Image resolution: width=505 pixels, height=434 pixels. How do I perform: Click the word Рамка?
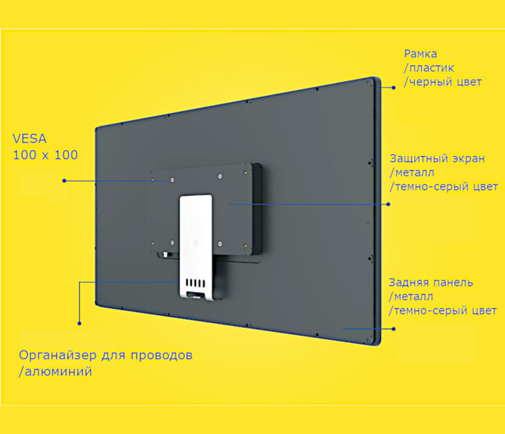tap(420, 54)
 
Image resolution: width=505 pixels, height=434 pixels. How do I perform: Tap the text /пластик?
tap(429, 68)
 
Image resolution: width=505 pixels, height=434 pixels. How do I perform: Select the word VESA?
tap(30, 139)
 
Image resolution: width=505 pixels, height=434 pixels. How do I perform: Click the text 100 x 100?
tap(45, 155)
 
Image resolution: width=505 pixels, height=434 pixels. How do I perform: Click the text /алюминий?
tap(55, 372)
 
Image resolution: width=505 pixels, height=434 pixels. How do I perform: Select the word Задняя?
tap(407, 283)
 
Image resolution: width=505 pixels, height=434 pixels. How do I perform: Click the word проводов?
tap(162, 356)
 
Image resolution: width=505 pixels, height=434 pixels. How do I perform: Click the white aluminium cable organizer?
tap(196, 246)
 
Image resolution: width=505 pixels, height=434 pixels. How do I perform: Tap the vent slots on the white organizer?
tap(195, 283)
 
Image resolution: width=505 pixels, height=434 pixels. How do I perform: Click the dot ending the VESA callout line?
tap(64, 180)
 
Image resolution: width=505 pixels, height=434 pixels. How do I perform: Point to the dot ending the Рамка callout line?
tap(393, 88)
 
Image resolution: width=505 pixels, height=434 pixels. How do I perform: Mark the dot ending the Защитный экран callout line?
tap(389, 204)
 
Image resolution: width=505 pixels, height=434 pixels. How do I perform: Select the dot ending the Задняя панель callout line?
tap(393, 329)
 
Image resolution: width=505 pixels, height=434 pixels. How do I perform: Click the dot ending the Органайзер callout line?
tap(80, 323)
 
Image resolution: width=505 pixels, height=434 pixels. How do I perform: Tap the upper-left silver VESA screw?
tap(172, 180)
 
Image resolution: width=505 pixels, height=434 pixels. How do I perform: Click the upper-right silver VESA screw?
tap(220, 176)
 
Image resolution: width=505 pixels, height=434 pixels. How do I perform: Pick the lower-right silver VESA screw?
tap(220, 244)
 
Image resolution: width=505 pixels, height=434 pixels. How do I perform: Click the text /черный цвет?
tap(443, 82)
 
